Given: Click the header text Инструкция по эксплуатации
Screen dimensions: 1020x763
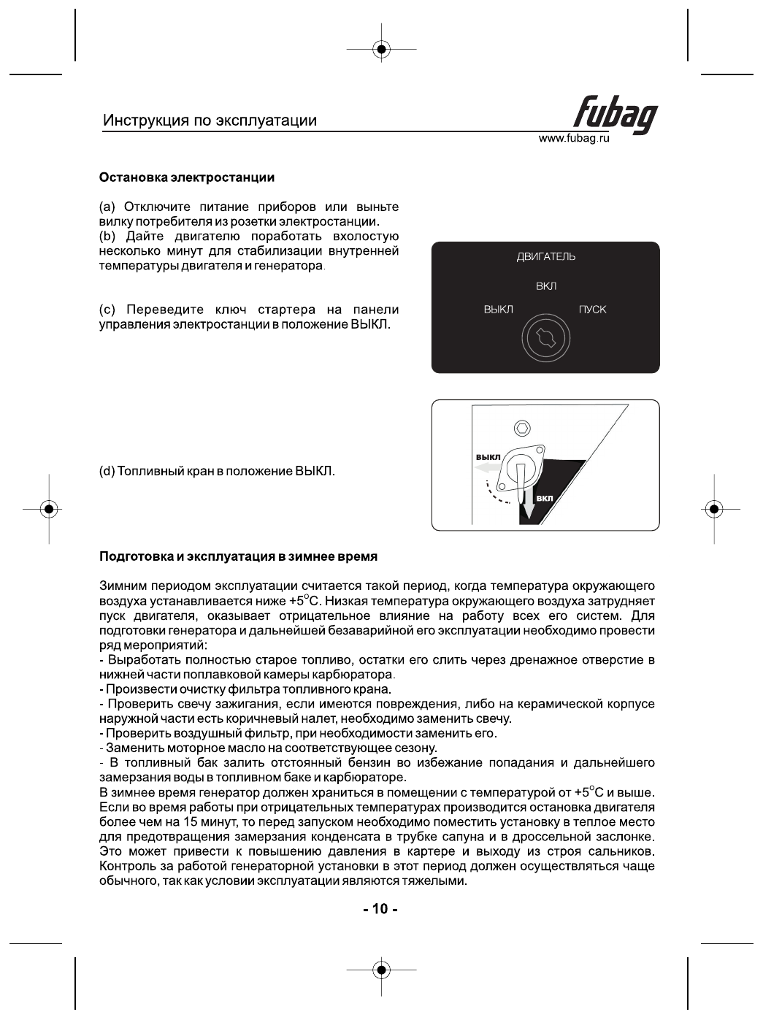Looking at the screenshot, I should pos(210,120).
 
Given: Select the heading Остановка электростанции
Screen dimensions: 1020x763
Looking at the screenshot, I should pos(187,177).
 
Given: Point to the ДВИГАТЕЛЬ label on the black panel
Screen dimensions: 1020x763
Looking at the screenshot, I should pos(545,257).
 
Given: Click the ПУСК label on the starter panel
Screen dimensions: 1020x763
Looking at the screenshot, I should pos(592,310).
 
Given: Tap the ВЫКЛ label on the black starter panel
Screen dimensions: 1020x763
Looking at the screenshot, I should pos(498,310).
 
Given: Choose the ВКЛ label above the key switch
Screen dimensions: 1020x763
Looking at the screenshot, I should pos(545,286).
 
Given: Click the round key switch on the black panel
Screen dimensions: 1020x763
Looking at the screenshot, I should pos(545,337).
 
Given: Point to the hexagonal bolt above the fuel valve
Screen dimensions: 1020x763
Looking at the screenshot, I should pos(522,429).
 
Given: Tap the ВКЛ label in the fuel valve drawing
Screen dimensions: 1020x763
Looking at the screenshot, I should pos(545,499).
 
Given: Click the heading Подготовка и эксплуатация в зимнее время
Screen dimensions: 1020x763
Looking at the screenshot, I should pos(238,556).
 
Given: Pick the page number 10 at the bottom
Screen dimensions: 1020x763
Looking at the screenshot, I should pos(380,909).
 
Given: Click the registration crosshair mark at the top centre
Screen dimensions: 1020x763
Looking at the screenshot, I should pos(381,50).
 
